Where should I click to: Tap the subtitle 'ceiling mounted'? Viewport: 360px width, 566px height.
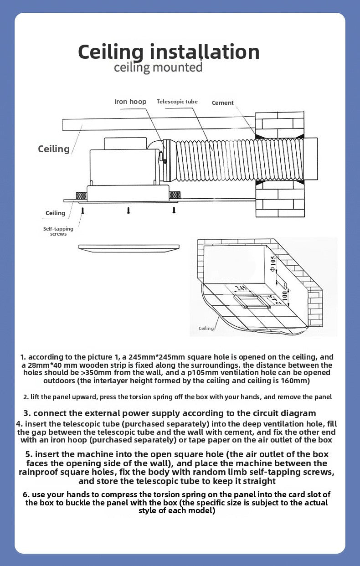(x=158, y=68)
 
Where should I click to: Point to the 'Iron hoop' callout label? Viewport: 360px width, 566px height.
(x=130, y=102)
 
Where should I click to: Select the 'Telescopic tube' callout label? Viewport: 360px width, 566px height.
(x=177, y=102)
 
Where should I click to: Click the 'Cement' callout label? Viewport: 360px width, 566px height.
(x=223, y=103)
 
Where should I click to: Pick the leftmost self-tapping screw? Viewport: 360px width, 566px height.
(x=83, y=210)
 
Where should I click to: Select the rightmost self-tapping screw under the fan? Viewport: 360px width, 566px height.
(x=174, y=210)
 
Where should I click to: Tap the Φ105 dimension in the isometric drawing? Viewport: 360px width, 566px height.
(x=273, y=263)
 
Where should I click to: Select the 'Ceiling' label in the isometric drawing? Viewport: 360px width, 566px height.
(x=206, y=328)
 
